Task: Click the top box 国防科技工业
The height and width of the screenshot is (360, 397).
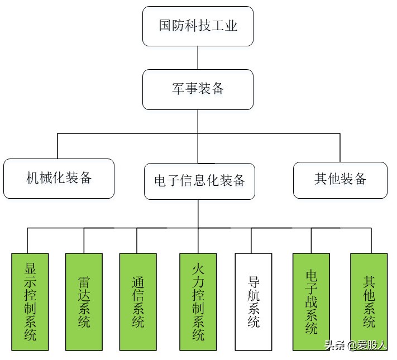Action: point(198,26)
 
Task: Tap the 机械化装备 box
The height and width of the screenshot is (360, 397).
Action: point(59,179)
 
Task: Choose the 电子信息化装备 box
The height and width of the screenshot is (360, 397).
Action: point(199,181)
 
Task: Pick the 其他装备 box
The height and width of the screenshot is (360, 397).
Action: point(340,180)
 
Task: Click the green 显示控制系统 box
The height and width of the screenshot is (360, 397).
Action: point(30,301)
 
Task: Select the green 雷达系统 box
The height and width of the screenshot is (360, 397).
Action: point(84,301)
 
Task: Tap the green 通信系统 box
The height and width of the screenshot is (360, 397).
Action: point(138,301)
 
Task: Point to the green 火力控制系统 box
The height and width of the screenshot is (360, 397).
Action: point(198,301)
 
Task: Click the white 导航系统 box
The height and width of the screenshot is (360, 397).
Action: point(253,301)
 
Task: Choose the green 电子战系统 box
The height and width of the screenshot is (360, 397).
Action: point(312,301)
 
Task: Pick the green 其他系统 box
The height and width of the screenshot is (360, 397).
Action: point(369,301)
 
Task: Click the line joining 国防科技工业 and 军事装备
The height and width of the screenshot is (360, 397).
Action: point(198,57)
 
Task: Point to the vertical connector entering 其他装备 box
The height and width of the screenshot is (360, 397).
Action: point(340,148)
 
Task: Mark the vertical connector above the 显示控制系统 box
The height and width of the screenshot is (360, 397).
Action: point(27,240)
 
